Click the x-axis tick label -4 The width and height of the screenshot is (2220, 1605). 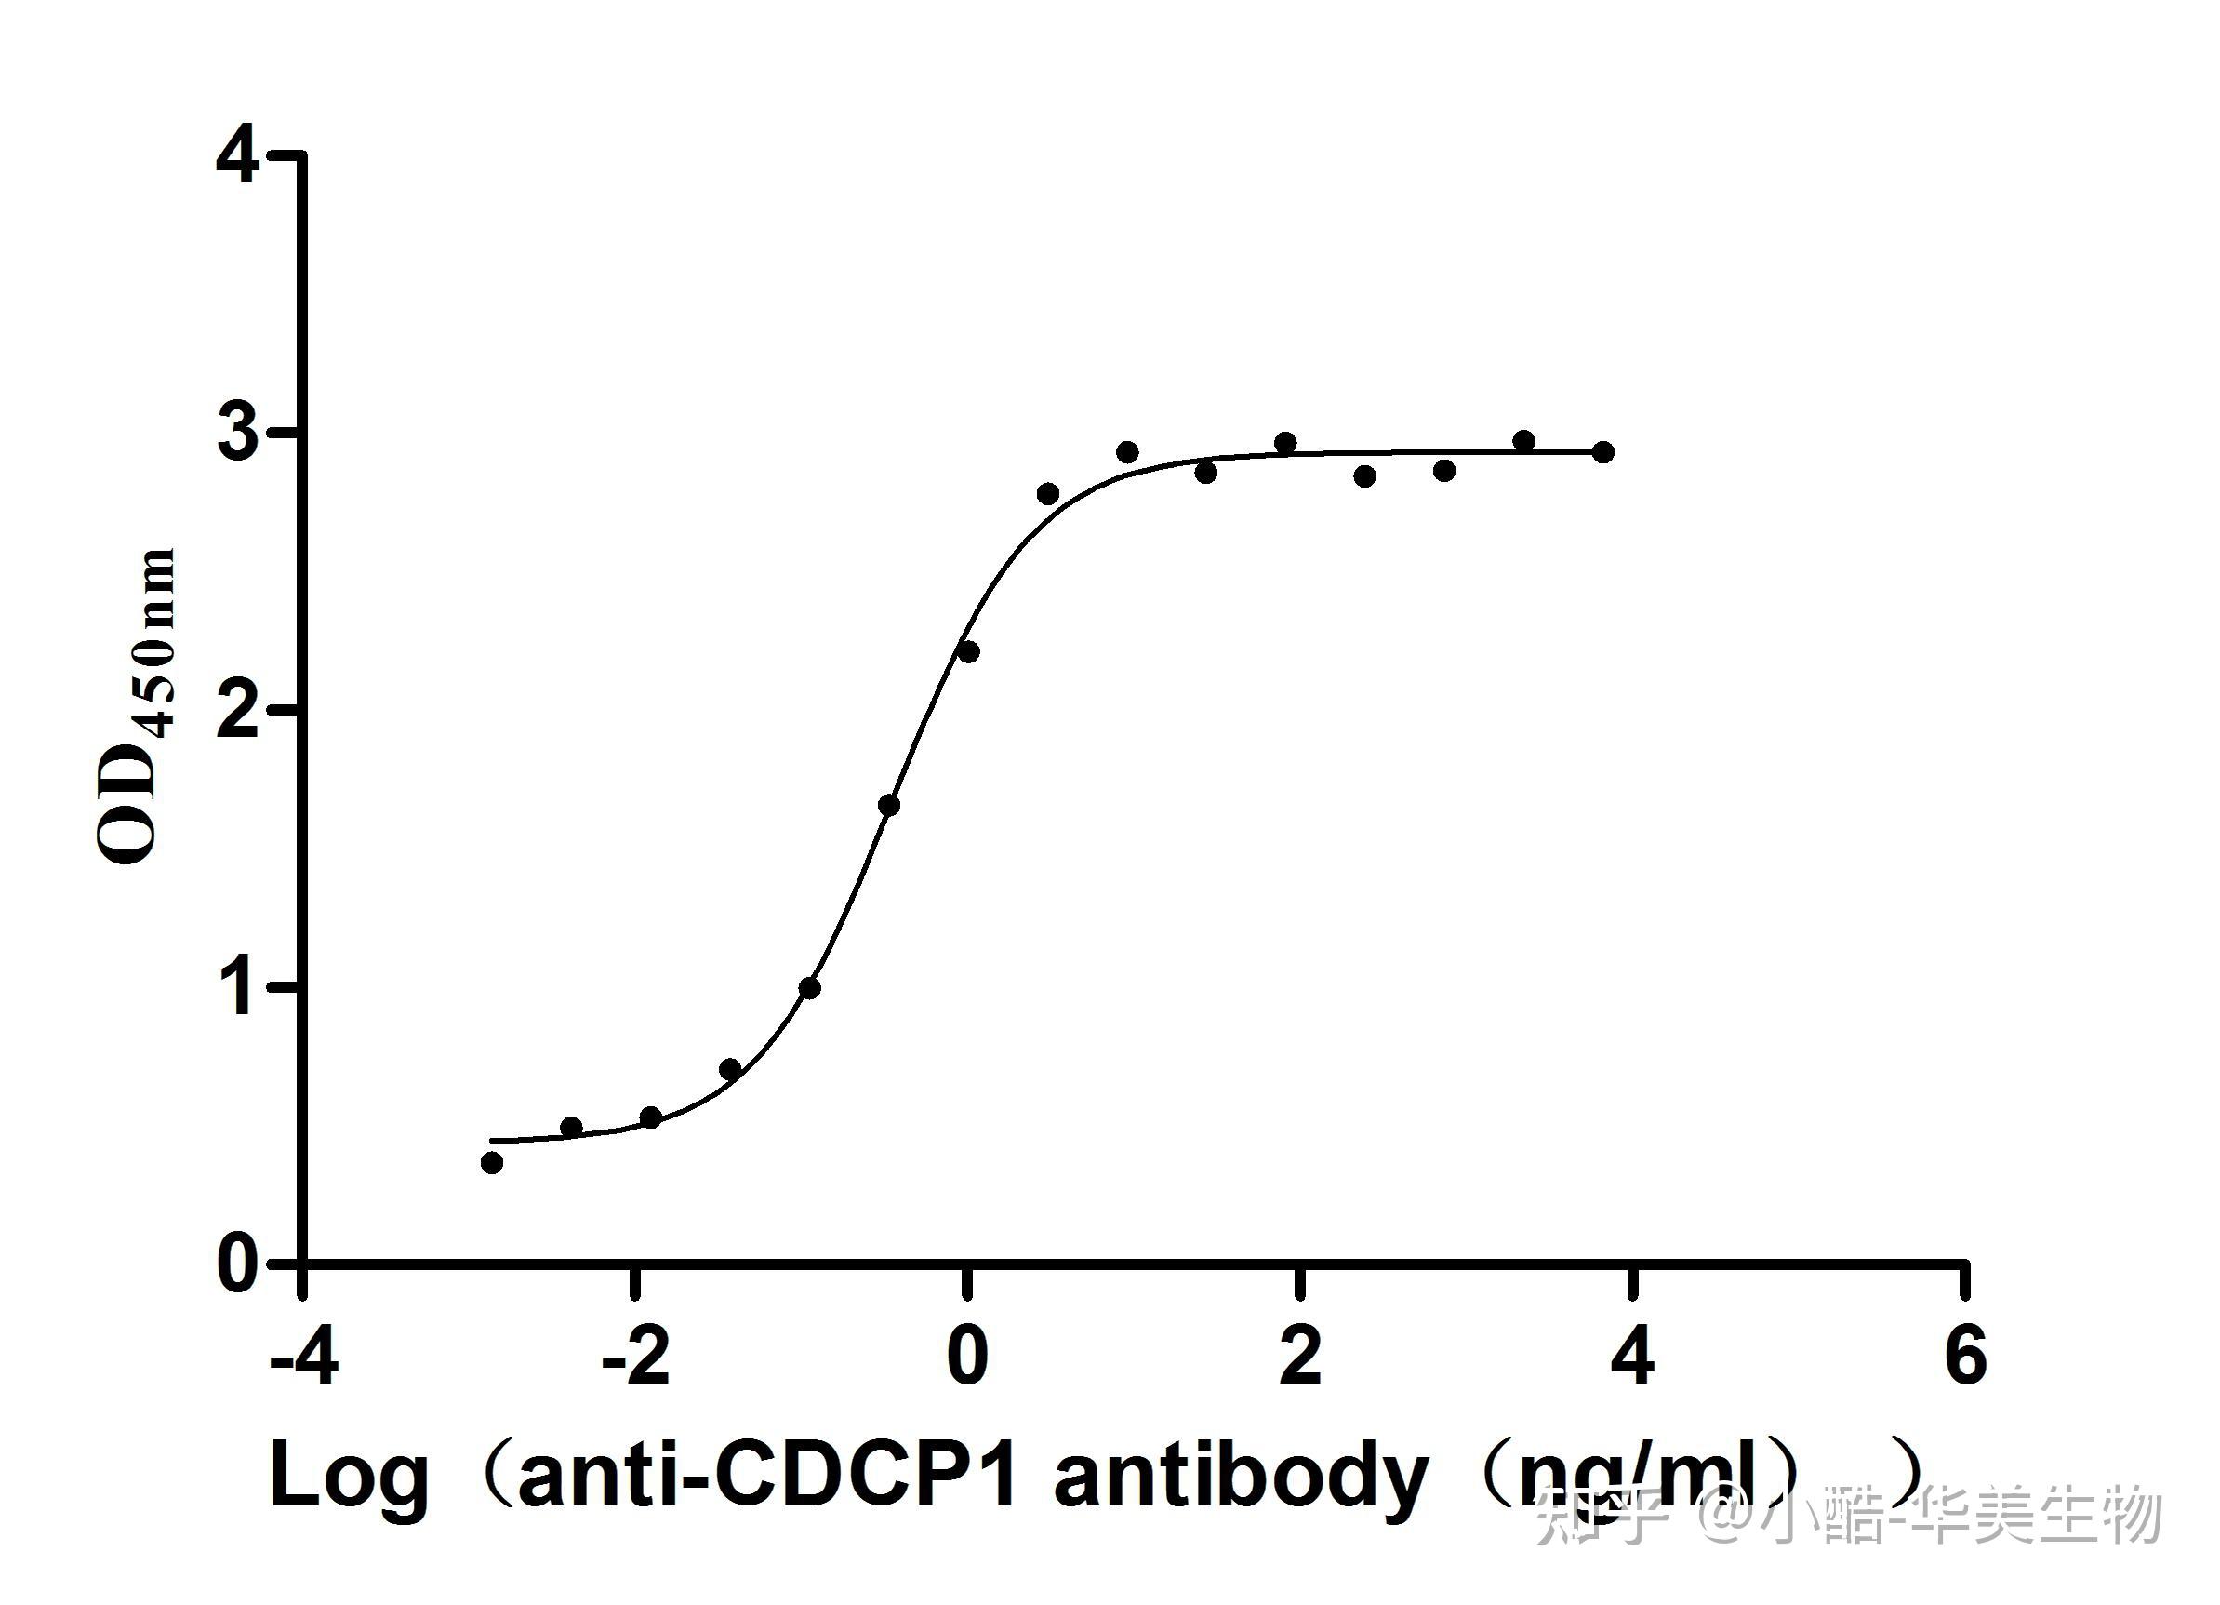[x=304, y=1359]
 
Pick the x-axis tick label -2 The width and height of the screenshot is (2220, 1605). [x=636, y=1359]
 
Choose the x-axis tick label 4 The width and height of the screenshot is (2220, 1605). [x=1631, y=1359]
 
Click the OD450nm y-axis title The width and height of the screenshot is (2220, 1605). [x=137, y=707]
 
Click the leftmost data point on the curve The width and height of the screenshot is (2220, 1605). [x=492, y=1162]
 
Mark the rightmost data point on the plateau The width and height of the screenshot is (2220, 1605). [x=1603, y=452]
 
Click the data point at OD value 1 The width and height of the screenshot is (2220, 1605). [x=809, y=988]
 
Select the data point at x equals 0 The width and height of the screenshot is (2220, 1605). [x=968, y=652]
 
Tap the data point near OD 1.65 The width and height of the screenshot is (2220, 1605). [x=889, y=806]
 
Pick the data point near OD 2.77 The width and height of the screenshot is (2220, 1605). [x=1048, y=493]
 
